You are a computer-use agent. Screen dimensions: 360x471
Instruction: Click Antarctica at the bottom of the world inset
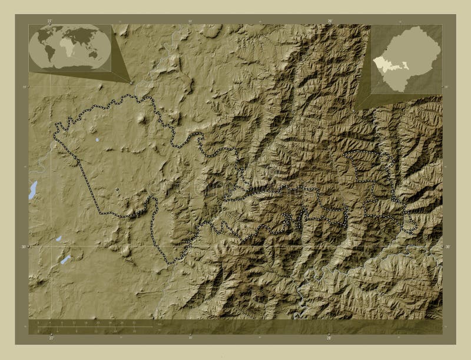(69, 67)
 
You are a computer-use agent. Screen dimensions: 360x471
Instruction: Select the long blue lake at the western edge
(32, 189)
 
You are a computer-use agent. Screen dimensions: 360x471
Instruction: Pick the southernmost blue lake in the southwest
(65, 259)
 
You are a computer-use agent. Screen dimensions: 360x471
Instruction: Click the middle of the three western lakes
(58, 239)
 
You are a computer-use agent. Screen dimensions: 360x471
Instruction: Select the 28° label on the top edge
(330, 21)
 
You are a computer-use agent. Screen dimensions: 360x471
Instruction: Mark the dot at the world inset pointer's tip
(131, 82)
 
